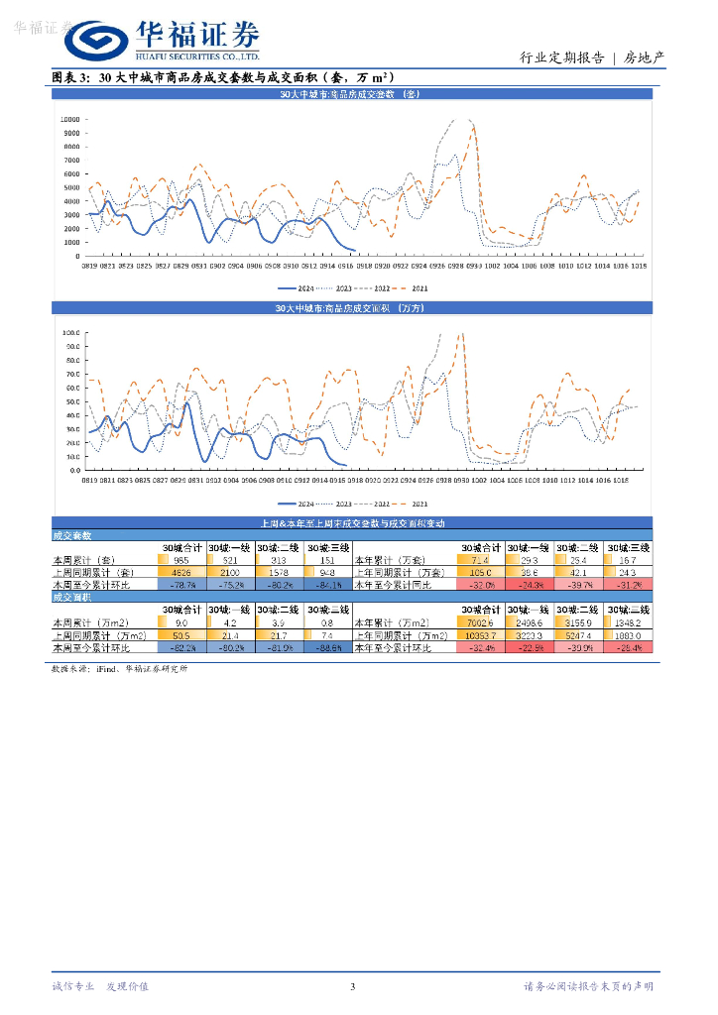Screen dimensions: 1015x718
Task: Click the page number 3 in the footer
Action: [x=352, y=986]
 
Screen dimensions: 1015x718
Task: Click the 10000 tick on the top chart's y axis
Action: [x=69, y=119]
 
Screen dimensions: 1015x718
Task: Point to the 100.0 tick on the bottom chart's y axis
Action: [x=70, y=333]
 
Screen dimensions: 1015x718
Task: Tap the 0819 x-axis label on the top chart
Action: [x=90, y=266]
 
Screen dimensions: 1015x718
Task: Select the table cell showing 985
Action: [x=181, y=559]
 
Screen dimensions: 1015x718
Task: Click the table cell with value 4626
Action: [x=181, y=572]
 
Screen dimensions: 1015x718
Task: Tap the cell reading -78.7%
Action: [x=181, y=585]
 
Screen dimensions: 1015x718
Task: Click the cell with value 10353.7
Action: [x=479, y=634]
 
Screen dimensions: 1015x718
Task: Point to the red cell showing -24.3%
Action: [x=530, y=585]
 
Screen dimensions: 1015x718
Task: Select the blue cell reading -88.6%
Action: [x=327, y=647]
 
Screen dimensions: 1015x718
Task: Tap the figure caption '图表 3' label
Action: [x=70, y=76]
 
